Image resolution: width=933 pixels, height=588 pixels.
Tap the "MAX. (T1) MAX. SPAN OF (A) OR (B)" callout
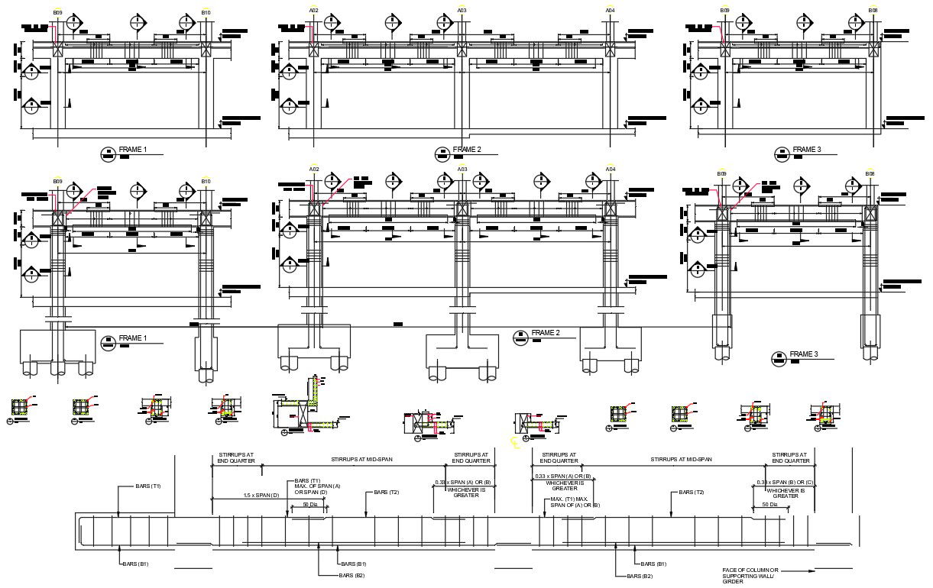coord(575,502)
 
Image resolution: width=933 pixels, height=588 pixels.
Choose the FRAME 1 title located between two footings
coord(132,339)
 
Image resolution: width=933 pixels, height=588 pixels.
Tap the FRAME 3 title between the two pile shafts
coord(803,355)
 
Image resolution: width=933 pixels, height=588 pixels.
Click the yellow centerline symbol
coord(514,441)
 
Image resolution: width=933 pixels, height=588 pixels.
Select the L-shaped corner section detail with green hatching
coord(305,406)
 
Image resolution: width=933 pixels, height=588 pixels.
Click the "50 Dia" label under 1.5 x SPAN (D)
coord(310,505)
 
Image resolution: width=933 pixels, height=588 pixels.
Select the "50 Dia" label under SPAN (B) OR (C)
coord(769,505)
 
